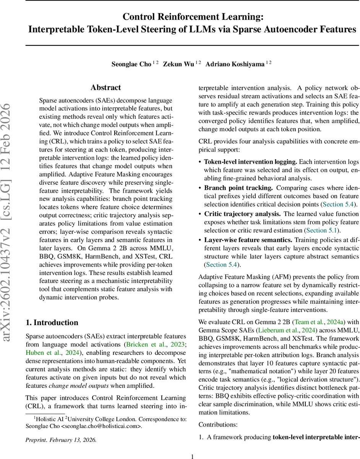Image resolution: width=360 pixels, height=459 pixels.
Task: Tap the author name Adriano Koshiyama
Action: (235, 64)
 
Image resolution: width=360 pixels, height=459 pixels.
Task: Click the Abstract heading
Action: (105, 88)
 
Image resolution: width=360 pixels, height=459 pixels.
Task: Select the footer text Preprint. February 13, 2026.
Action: (61, 439)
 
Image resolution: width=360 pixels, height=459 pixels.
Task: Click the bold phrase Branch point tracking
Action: (238, 188)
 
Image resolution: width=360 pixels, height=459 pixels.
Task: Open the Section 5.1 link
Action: (320, 230)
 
